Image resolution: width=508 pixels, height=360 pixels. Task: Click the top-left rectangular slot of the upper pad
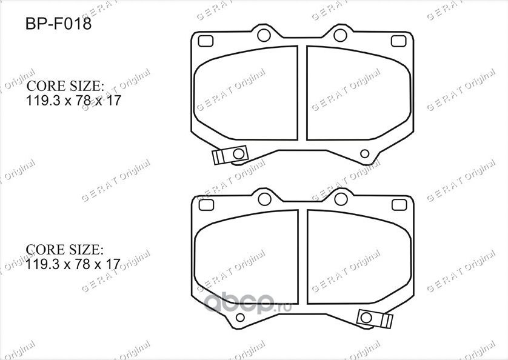(207, 41)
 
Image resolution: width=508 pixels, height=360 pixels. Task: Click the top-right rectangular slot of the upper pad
(398, 41)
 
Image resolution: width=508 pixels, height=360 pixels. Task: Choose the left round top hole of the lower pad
(264, 198)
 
